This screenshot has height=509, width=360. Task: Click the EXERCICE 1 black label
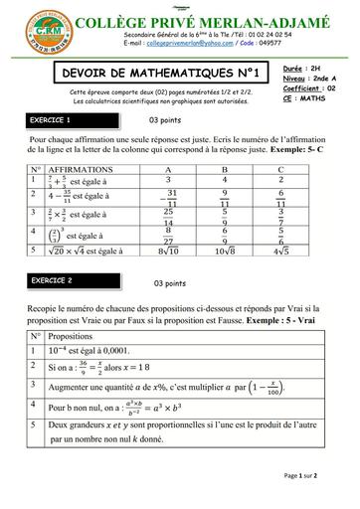coord(57,120)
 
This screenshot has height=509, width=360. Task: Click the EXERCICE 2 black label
coord(57,281)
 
